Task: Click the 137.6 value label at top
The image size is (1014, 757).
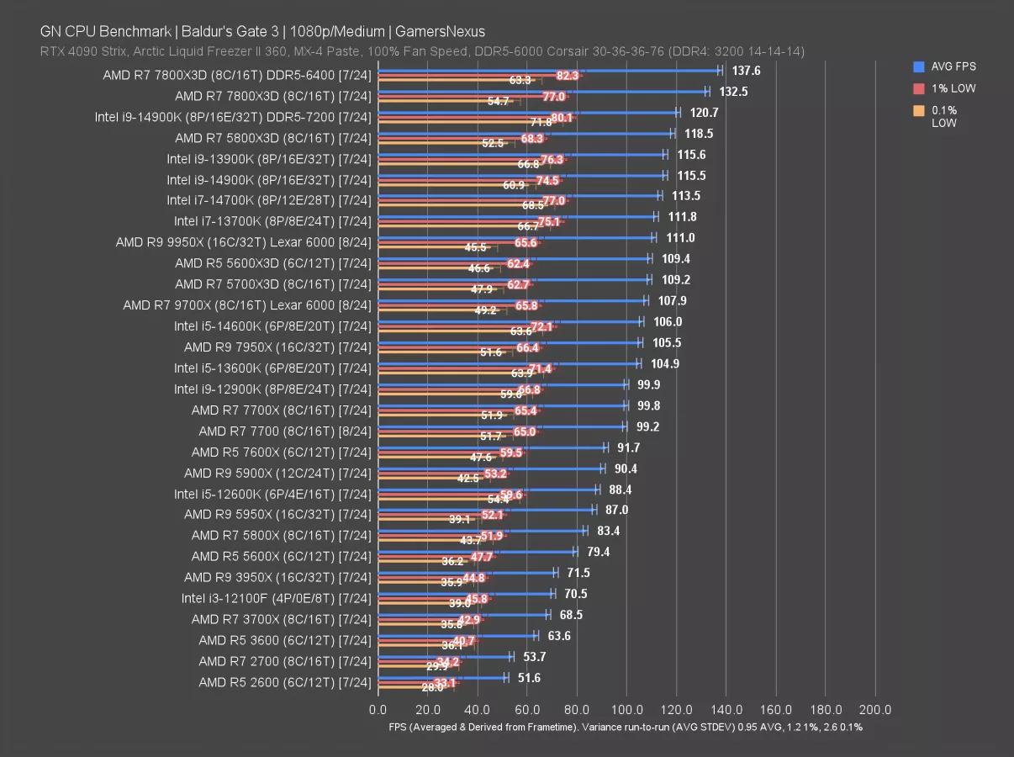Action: [747, 71]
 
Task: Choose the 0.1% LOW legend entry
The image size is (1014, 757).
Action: [944, 116]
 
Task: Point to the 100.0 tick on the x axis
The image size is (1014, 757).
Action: [627, 709]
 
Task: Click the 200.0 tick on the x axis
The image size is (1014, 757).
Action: [875, 709]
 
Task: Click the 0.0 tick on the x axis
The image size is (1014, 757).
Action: [378, 709]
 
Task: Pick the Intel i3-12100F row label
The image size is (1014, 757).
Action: [276, 598]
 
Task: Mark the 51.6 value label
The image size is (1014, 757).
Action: [528, 678]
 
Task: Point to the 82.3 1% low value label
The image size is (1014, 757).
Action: [568, 76]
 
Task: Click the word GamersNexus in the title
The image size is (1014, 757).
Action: [440, 32]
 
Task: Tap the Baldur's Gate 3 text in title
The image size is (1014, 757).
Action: [232, 32]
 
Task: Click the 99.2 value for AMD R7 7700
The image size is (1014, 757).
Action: [648, 426]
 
